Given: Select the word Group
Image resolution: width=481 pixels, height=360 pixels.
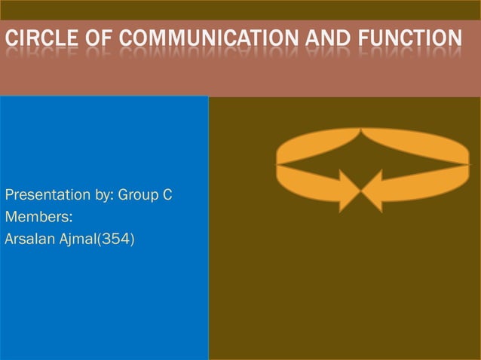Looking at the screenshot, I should tap(138, 196).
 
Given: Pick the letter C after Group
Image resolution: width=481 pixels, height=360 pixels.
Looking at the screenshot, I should tap(167, 196).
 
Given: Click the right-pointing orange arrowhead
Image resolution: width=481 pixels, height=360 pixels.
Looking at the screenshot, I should tap(348, 191).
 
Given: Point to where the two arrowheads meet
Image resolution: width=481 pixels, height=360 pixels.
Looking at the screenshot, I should tap(361, 191).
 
